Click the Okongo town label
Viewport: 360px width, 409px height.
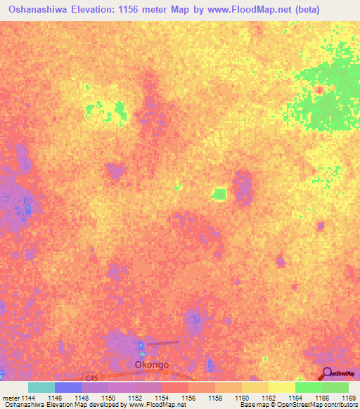point(152,365)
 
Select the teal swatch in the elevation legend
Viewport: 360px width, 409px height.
point(41,387)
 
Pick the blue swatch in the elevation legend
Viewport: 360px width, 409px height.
point(68,387)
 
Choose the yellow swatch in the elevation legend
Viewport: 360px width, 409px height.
point(282,387)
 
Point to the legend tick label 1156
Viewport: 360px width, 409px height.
point(189,398)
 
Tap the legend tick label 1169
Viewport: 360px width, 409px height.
point(347,398)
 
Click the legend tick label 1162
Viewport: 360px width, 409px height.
point(269,398)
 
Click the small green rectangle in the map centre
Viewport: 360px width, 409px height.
point(219,193)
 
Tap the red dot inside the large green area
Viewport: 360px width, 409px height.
point(319,90)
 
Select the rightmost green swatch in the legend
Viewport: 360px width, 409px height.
point(335,387)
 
